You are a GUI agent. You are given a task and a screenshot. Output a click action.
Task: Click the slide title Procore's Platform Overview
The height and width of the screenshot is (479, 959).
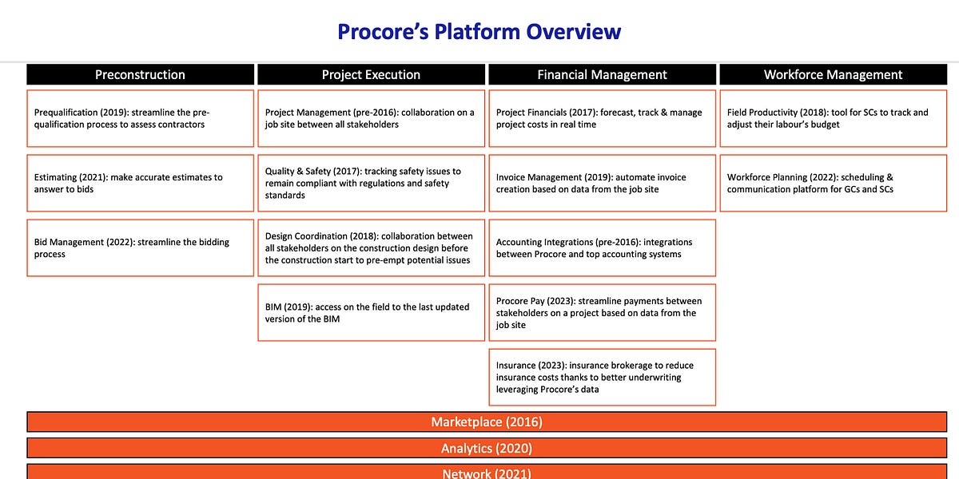coord(479,32)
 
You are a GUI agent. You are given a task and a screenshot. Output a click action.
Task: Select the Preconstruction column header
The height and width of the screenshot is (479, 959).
coord(140,74)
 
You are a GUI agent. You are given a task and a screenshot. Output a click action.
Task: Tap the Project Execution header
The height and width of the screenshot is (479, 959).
coord(371,74)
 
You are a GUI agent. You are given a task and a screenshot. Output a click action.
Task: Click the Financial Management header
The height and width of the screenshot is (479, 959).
coord(602,74)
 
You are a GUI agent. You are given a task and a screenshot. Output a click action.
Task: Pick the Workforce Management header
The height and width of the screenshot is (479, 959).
coord(833,74)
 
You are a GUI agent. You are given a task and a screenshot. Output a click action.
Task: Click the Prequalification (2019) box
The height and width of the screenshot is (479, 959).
coord(140,118)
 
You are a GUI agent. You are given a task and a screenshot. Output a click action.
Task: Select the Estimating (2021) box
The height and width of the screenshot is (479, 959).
coord(140,183)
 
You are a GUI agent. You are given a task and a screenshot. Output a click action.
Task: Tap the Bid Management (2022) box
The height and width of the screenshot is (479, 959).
coord(140,247)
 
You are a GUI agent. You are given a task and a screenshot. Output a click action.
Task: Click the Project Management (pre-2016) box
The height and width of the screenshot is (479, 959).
coord(371,118)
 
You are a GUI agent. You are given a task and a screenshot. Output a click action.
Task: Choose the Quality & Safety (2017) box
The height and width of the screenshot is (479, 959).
coord(371,183)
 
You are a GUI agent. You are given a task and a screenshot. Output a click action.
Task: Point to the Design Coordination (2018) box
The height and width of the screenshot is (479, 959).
coord(371,247)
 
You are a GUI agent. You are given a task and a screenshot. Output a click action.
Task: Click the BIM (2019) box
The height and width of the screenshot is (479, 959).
coord(371,312)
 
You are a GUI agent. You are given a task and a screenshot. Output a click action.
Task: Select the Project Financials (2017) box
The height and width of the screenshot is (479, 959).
coord(602,118)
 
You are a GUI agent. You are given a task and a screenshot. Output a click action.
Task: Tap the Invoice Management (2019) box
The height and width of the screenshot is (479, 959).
coord(602,183)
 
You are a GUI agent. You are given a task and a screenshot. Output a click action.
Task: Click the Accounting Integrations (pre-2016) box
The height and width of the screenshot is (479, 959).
coord(602,247)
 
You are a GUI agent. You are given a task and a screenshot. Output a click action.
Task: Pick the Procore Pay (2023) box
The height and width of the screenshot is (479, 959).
coord(602,312)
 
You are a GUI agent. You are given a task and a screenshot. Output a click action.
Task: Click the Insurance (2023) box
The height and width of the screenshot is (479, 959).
coord(602,377)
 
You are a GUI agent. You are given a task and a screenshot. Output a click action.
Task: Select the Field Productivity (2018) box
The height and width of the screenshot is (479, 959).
coord(833,118)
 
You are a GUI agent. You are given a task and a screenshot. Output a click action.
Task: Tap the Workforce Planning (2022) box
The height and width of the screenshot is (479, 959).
coord(833,183)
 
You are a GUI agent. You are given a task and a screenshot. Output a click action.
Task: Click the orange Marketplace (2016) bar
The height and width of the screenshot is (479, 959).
coord(487,422)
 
